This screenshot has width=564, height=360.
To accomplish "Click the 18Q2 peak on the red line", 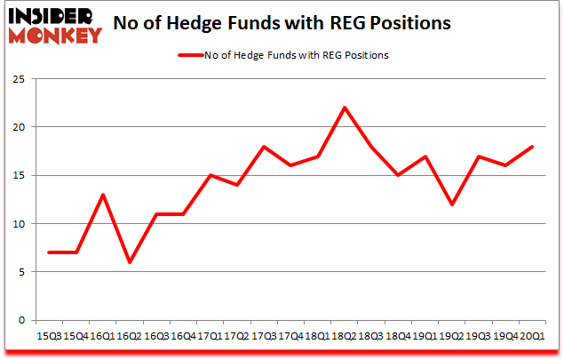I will coord(344,108).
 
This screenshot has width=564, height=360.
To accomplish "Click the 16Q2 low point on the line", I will coord(130,262).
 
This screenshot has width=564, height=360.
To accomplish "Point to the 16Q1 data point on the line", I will coord(103,195).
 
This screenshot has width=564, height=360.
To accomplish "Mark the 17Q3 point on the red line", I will coord(264,147).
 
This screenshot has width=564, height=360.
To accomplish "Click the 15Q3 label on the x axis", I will coord(50,336).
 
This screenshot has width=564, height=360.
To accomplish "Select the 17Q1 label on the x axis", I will coord(210,336).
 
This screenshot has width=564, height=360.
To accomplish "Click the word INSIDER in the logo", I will coord(52,17).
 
